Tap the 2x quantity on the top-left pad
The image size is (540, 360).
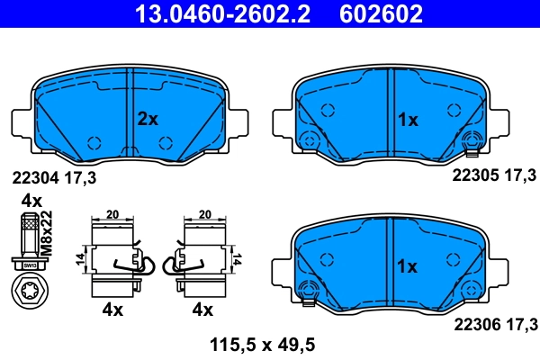[x=147, y=119]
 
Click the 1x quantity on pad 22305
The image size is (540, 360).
[x=408, y=119]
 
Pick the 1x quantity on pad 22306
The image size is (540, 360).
[x=408, y=266]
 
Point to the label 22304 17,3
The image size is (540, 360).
[x=53, y=178]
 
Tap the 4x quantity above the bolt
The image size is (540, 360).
[x=31, y=200]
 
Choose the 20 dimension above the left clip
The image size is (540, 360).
[x=113, y=215]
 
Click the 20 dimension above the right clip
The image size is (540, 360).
[x=203, y=215]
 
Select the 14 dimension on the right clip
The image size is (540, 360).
[x=238, y=258]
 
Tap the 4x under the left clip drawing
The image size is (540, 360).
[x=112, y=310]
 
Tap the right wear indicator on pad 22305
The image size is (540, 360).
[x=469, y=141]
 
